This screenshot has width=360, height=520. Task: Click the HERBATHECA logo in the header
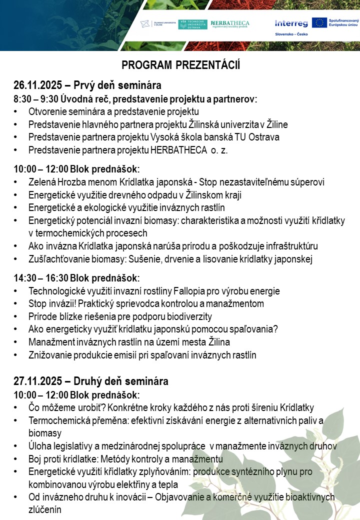pyautogui.click(x=230, y=23)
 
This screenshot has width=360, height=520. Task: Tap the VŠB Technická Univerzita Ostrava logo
pyautogui.click(x=192, y=24)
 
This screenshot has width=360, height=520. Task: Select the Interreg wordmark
pyautogui.click(x=291, y=23)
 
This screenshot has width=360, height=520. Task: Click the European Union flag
pyautogui.click(x=319, y=22)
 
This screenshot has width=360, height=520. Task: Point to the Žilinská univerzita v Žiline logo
pyautogui.click(x=157, y=24)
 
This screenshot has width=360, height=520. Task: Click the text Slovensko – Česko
pyautogui.click(x=291, y=34)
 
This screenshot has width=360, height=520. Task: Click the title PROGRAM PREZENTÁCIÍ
pyautogui.click(x=181, y=66)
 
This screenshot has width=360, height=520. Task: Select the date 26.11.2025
pyautogui.click(x=37, y=85)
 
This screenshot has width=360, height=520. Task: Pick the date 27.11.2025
pyautogui.click(x=37, y=381)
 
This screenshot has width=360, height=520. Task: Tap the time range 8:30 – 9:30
pyautogui.click(x=37, y=99)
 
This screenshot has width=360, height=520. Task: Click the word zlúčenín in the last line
pyautogui.click(x=45, y=510)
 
